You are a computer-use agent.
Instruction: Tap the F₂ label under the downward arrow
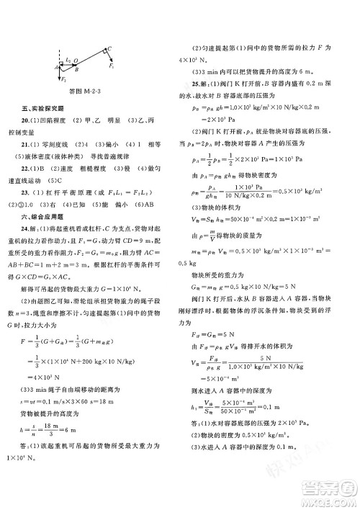[x=63, y=81]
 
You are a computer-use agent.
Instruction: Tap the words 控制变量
[x=37, y=130]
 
